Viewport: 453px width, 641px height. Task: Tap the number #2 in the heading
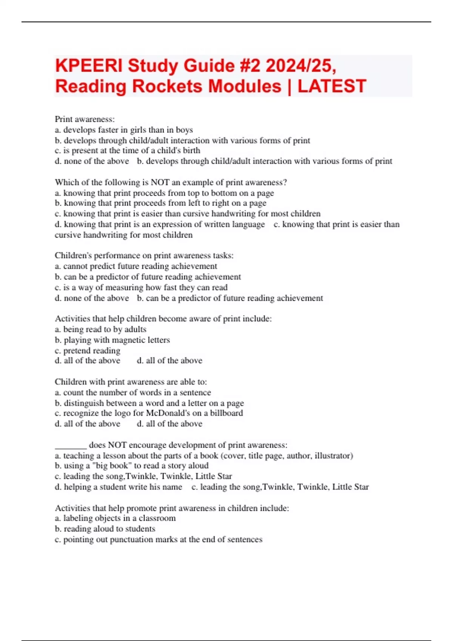point(250,66)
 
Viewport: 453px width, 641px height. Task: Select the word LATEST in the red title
point(332,86)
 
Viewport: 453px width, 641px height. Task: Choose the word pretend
point(77,351)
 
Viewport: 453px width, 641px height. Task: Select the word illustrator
point(332,456)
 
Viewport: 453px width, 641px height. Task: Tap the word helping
point(77,487)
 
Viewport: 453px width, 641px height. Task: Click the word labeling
point(77,518)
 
